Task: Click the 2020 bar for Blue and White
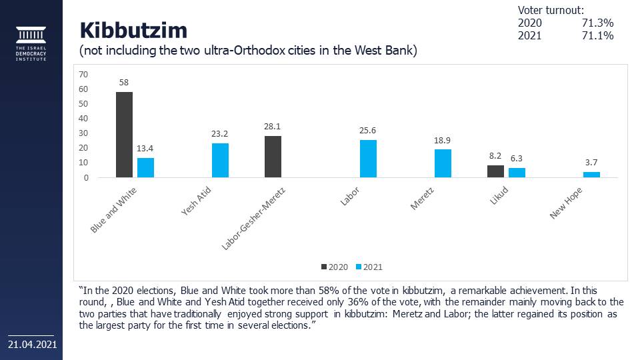click(x=124, y=135)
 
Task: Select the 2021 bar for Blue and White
click(x=145, y=167)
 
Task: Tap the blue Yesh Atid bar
click(x=220, y=161)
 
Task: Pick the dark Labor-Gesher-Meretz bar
click(x=273, y=157)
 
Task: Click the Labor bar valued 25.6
click(x=368, y=159)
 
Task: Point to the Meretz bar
click(x=443, y=163)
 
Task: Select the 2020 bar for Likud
click(x=495, y=171)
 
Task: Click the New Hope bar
click(x=591, y=175)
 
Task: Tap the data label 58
click(x=124, y=83)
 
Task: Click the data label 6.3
click(x=517, y=159)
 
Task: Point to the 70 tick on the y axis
click(x=83, y=74)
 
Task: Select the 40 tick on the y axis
click(x=83, y=119)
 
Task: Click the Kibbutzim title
click(x=133, y=30)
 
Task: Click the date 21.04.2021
click(x=32, y=345)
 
